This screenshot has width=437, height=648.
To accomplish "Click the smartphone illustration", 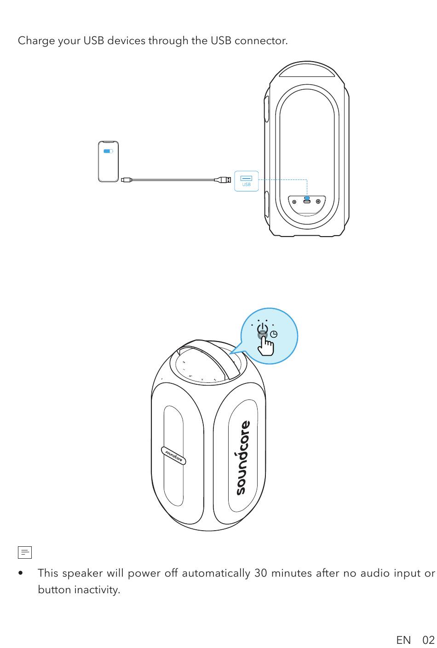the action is pyautogui.click(x=109, y=162).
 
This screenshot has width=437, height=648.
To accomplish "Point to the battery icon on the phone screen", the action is pyautogui.click(x=108, y=151).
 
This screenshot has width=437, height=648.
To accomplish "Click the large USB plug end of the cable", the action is pyautogui.click(x=225, y=179).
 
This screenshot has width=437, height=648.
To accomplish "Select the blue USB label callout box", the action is pyautogui.click(x=246, y=180).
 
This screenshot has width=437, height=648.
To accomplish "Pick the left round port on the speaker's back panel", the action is pyautogui.click(x=294, y=201).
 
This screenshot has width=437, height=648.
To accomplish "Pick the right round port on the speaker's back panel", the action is pyautogui.click(x=318, y=201).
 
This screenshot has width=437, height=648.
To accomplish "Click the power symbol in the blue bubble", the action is pyautogui.click(x=263, y=330).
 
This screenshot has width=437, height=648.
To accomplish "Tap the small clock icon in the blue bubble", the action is pyautogui.click(x=274, y=334).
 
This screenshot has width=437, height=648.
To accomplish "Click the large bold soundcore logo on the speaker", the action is pyautogui.click(x=242, y=458).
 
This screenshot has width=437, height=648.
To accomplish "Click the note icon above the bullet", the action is pyautogui.click(x=25, y=552).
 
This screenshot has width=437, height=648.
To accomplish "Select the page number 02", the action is pyautogui.click(x=428, y=640).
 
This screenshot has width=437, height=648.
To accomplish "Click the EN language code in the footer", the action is pyautogui.click(x=403, y=640).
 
